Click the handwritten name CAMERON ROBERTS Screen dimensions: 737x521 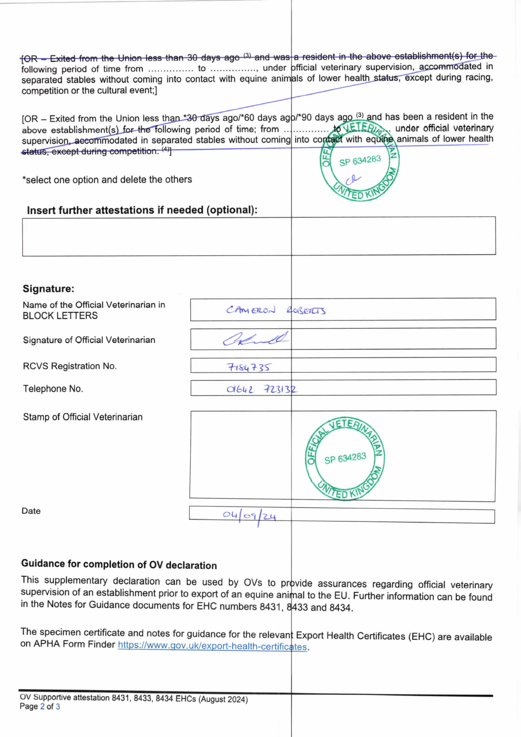276,310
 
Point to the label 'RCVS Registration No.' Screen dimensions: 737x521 70,366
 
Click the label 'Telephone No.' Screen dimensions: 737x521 53,389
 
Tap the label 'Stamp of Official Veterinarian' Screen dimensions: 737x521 83,417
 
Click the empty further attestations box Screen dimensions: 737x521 259,236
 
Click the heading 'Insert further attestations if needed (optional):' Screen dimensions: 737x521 142,210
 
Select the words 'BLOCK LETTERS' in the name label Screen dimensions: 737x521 60,316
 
